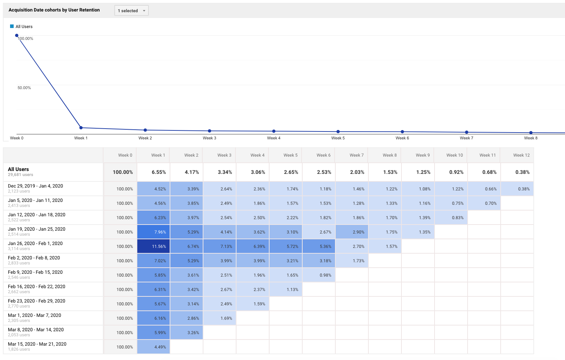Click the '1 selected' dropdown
click(132, 11)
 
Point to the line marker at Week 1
click(81, 128)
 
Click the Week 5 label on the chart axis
click(338, 138)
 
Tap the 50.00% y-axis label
click(24, 88)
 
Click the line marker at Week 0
click(17, 36)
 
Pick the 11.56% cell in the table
click(153, 246)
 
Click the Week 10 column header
click(454, 155)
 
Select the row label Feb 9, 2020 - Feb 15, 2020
click(35, 272)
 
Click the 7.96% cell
click(153, 232)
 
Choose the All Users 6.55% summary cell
click(153, 172)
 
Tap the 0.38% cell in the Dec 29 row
click(517, 189)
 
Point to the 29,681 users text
click(20, 175)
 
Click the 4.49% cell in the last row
click(153, 347)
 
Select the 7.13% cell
click(220, 246)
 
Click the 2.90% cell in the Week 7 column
click(352, 232)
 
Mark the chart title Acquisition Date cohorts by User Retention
click(54, 10)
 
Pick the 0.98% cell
click(319, 275)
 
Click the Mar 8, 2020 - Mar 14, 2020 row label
click(36, 330)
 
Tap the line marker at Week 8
click(531, 133)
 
